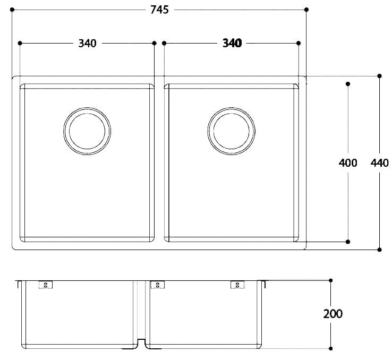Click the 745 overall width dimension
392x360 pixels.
pos(159,10)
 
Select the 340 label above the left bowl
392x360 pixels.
pos(87,43)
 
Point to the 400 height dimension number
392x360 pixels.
pos(347,162)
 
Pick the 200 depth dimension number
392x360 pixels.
pos(333,313)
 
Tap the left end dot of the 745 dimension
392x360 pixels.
pos(12,10)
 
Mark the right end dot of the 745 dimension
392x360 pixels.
pos(306,10)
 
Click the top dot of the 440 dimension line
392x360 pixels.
pos(379,76)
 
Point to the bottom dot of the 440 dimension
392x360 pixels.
pos(379,249)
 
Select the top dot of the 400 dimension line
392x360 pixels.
pos(348,84)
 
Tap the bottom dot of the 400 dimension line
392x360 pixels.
pos(348,242)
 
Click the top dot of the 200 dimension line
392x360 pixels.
pos(331,280)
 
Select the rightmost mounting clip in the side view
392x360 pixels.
pos(235,285)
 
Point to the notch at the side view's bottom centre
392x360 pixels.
pos(141,344)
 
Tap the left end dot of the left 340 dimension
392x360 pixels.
pos(20,43)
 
